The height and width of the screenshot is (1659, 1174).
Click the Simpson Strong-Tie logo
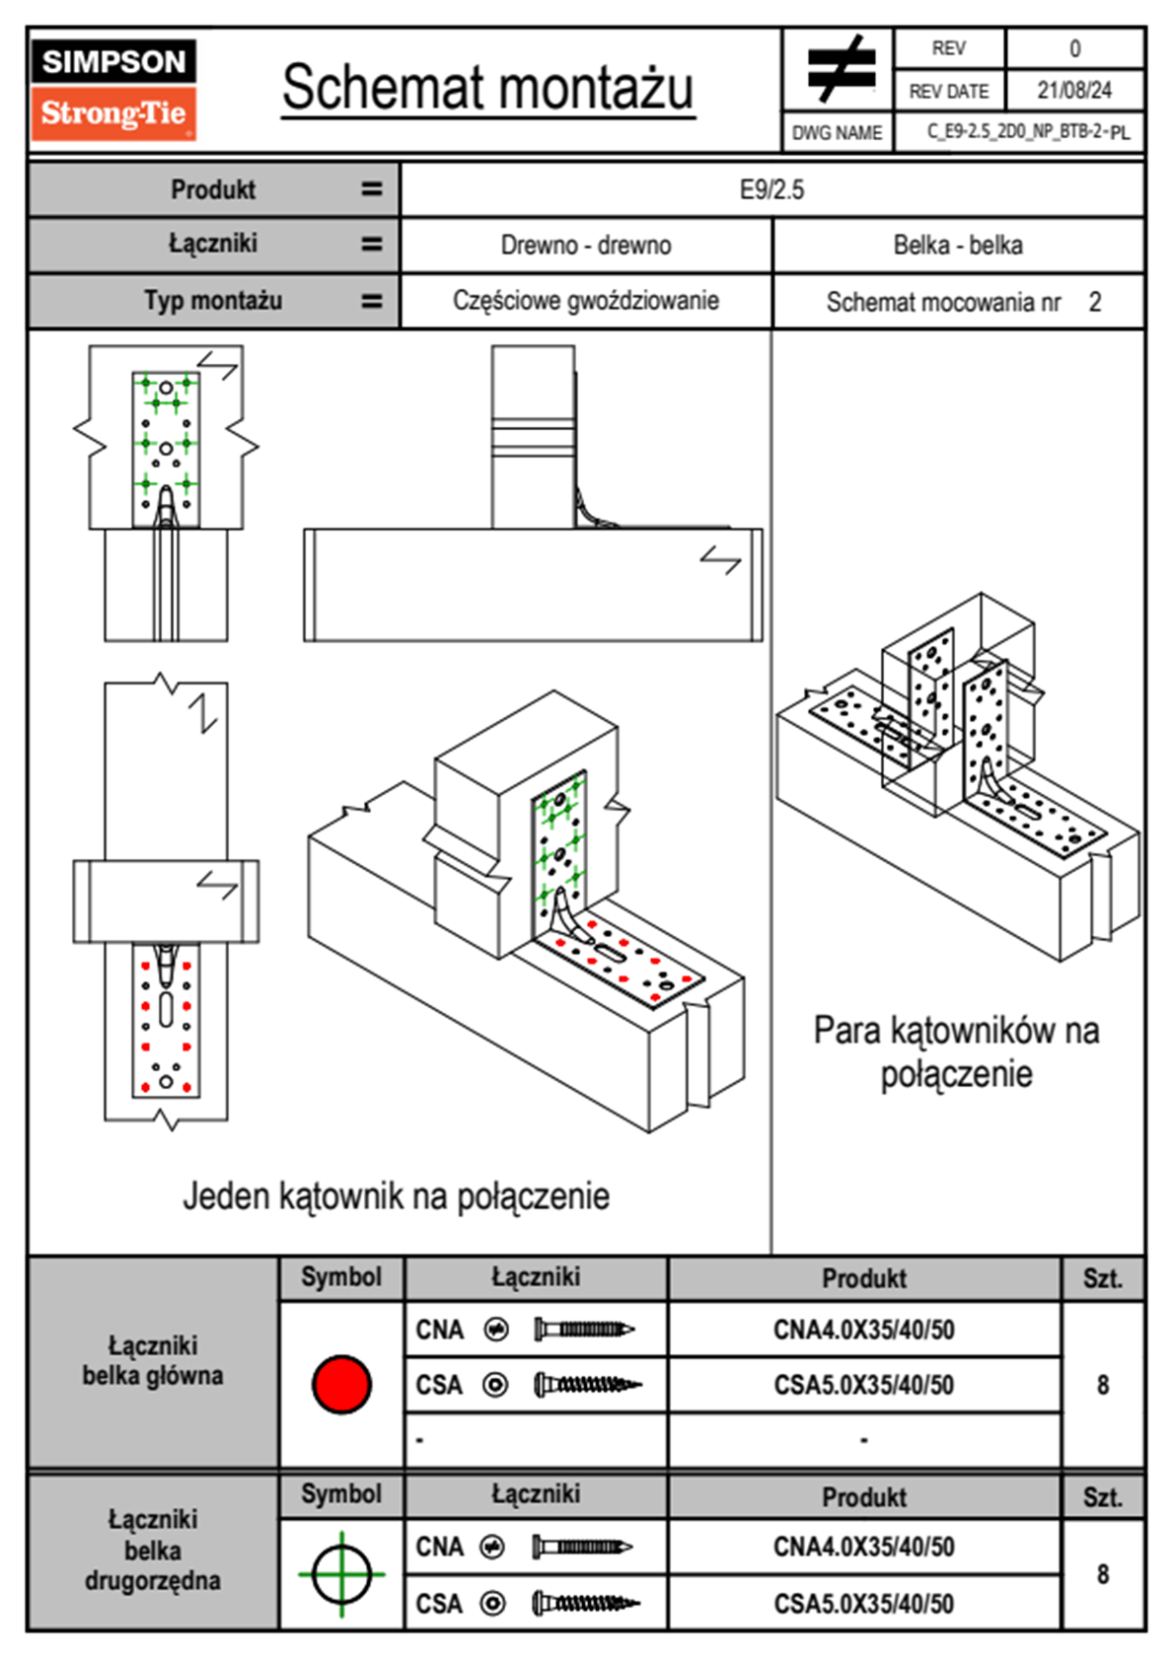(113, 90)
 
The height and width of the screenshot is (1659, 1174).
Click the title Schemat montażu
(488, 88)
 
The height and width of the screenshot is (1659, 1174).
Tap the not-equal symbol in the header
(840, 69)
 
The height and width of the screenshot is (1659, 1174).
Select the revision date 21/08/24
(1073, 91)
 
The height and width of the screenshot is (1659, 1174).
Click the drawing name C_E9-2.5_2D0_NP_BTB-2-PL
(1027, 132)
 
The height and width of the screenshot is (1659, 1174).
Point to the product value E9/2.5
(771, 189)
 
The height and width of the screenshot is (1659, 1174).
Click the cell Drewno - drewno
(586, 245)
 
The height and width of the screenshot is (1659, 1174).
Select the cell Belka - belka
(957, 245)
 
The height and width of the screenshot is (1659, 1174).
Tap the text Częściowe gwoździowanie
(586, 301)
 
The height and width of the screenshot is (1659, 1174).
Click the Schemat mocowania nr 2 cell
(962, 302)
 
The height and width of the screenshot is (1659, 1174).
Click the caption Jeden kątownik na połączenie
(396, 1195)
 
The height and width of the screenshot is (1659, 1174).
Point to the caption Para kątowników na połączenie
(956, 1051)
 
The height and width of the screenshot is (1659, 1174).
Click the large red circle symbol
(341, 1384)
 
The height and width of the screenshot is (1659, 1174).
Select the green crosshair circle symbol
(341, 1574)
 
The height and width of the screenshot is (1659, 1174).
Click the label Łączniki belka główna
(153, 1360)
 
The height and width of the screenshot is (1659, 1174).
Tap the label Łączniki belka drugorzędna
(153, 1550)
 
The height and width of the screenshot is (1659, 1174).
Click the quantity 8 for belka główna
(1102, 1385)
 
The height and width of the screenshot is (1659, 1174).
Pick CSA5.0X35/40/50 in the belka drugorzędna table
(863, 1604)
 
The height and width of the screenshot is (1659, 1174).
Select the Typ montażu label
(213, 301)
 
